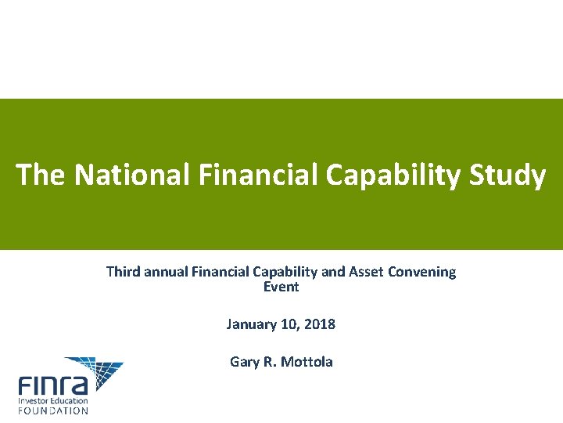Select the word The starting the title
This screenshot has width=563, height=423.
point(41,175)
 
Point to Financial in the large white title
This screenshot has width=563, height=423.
point(256,175)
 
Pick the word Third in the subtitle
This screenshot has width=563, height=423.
point(123,272)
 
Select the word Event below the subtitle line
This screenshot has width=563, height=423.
point(281,287)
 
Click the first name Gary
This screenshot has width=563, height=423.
point(244,362)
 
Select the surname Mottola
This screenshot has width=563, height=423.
point(308,362)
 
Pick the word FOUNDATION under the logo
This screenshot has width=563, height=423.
point(53,410)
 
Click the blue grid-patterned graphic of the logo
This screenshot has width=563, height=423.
point(95,371)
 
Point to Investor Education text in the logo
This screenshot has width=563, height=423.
point(53,400)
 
